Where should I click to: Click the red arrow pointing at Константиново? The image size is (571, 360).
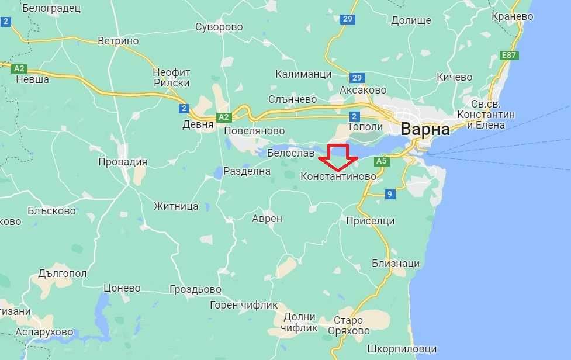point(338,157)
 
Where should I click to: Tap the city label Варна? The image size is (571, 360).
point(425,129)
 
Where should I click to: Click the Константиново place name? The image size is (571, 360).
point(338,176)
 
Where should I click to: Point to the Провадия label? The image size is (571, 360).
point(122,162)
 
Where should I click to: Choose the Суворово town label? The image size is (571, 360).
point(219,27)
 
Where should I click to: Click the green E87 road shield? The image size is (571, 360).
point(510,56)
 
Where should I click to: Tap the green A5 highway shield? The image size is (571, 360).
point(382,161)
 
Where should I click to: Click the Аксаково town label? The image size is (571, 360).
point(363,90)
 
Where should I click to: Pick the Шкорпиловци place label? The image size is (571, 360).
point(402,349)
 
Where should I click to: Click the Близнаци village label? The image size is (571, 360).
point(396,264)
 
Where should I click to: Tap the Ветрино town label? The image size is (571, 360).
point(118,41)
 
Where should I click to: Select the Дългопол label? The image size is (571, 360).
point(63,273)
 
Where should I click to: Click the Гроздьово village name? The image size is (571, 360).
point(195,289)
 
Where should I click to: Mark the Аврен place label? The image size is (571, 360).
point(267,219)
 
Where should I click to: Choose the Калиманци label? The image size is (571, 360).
point(303,74)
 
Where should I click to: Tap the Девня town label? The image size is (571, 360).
point(198,124)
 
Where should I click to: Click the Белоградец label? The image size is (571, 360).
point(51,8)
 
